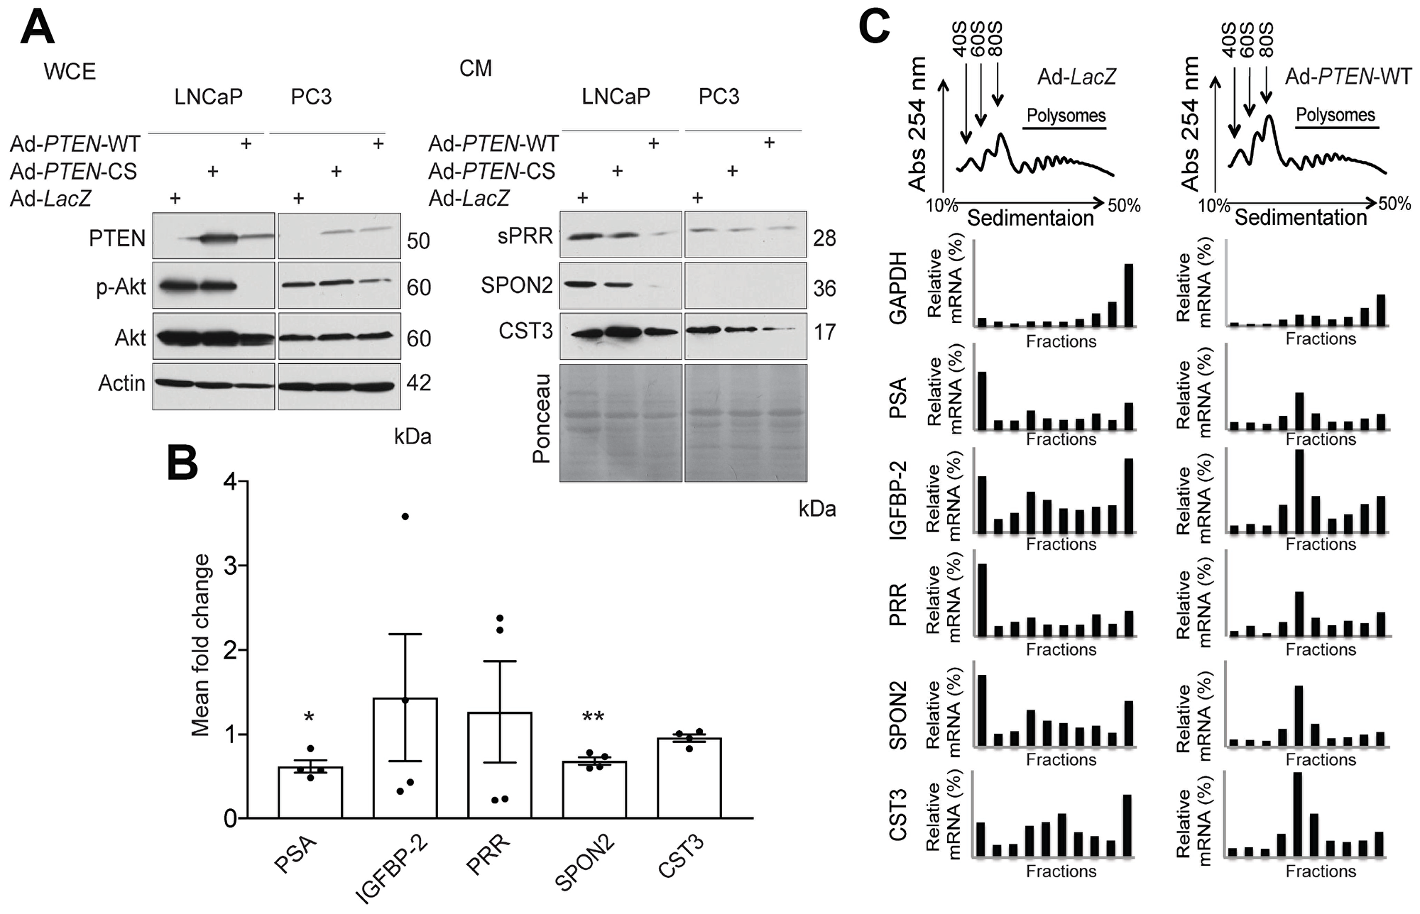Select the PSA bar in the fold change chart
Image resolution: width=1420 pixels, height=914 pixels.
click(x=310, y=792)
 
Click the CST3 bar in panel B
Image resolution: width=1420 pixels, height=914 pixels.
click(x=689, y=778)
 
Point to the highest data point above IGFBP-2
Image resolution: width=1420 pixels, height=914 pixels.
click(x=405, y=517)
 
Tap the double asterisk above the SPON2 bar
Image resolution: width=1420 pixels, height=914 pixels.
click(x=593, y=718)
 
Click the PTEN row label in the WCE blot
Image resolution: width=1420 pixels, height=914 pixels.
click(x=117, y=238)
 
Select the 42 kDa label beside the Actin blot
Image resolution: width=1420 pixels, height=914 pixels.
click(x=419, y=383)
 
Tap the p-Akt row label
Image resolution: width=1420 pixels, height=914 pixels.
click(x=121, y=287)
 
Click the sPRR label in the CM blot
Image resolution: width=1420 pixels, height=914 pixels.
click(x=525, y=236)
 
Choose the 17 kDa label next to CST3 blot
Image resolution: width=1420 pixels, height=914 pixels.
click(x=824, y=332)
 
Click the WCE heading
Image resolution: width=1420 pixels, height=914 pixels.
click(x=70, y=72)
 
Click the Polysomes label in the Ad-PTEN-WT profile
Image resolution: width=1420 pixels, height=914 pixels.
click(x=1336, y=115)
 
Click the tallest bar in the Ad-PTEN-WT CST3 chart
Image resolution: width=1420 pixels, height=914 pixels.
click(x=1297, y=815)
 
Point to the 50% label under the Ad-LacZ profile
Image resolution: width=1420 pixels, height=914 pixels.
click(x=1124, y=206)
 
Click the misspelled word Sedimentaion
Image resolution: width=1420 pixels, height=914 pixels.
click(x=1030, y=218)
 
